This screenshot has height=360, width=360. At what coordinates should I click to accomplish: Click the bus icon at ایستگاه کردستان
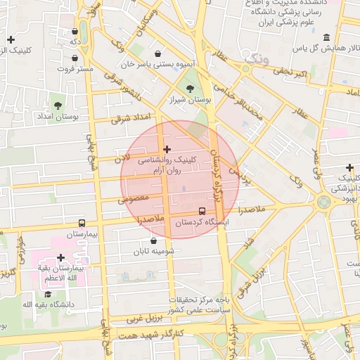[202, 210]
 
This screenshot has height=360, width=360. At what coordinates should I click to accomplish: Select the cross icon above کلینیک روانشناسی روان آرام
[167, 149]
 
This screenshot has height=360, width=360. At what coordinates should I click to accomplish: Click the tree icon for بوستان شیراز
[191, 88]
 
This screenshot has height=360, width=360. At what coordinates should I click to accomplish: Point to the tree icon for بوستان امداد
[58, 105]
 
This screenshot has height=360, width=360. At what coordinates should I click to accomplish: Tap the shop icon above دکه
[75, 31]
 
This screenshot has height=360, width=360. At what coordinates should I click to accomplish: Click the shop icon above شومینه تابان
[154, 240]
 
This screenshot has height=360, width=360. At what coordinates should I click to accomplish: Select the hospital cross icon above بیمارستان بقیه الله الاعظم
[60, 258]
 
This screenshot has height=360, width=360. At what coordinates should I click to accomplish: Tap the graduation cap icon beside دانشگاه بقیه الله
[48, 294]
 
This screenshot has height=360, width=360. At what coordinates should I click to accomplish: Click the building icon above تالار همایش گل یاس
[326, 37]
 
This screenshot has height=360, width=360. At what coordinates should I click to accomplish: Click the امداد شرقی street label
[131, 118]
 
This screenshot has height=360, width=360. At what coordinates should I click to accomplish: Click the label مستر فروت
[76, 70]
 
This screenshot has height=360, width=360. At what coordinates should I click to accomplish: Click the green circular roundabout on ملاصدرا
[324, 203]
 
